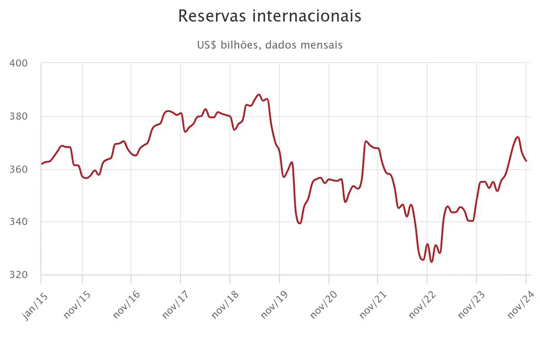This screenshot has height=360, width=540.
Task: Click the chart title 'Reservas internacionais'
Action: (x=270, y=16)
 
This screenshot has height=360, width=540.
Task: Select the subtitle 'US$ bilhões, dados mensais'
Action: (x=270, y=45)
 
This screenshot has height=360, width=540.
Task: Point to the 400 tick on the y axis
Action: (x=18, y=63)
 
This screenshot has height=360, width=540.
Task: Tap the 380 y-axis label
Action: (x=18, y=117)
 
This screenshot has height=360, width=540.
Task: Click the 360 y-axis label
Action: (x=18, y=170)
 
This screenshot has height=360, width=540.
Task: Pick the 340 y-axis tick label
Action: (x=18, y=222)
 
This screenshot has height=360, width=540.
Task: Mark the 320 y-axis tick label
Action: (x=18, y=275)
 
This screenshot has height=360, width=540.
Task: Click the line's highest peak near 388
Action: (x=258, y=94)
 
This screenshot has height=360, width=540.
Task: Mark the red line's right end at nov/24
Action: (x=526, y=161)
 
